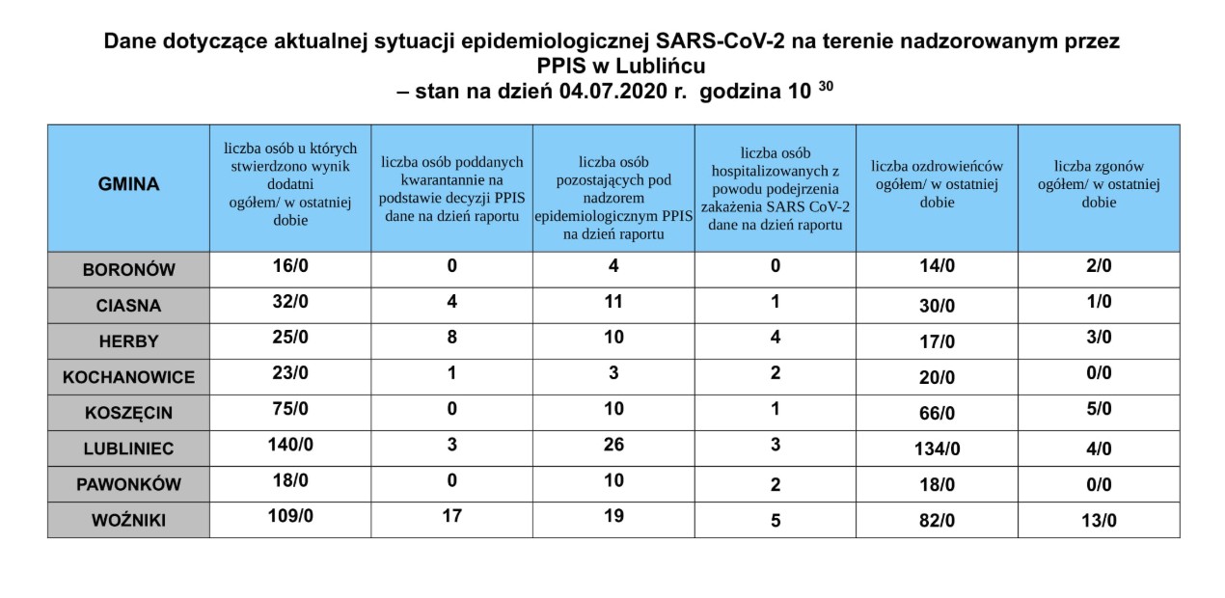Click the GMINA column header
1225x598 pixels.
point(128,184)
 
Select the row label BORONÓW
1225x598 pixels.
point(128,270)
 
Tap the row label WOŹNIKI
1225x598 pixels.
point(128,521)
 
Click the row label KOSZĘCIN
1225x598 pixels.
point(128,413)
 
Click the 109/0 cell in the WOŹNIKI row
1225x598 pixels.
point(289,516)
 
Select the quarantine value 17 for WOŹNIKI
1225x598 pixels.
point(451,516)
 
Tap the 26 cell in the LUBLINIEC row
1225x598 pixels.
point(613,445)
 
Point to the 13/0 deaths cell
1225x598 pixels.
point(1099,521)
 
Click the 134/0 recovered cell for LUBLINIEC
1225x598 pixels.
point(937,449)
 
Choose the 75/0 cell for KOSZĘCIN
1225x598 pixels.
point(289,409)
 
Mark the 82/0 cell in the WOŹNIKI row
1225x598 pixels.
point(937,521)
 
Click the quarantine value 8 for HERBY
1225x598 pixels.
point(451,338)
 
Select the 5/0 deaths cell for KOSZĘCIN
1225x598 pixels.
point(1099,409)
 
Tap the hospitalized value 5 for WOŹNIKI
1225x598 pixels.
point(776,521)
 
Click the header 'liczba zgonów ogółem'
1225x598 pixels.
point(1099,183)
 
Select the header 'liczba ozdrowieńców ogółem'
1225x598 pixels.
point(937,183)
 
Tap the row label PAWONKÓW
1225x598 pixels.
point(128,485)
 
